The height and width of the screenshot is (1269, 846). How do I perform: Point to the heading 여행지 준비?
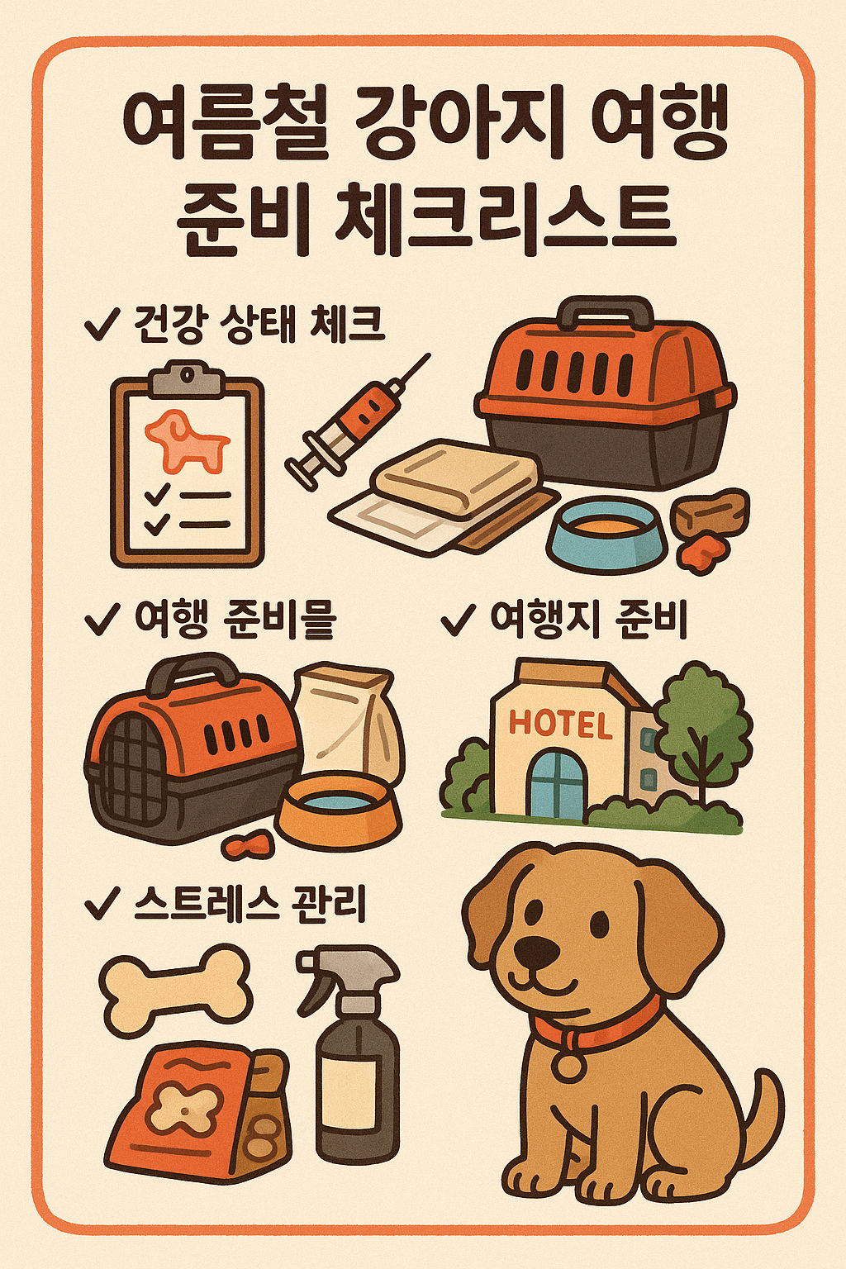pos(588,620)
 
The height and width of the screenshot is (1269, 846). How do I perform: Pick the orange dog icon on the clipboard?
pos(186,437)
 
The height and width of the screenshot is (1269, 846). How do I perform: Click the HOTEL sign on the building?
pos(560,724)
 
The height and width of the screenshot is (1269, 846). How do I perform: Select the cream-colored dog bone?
pos(175,987)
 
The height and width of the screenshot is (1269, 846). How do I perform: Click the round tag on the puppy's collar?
pos(568,1065)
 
